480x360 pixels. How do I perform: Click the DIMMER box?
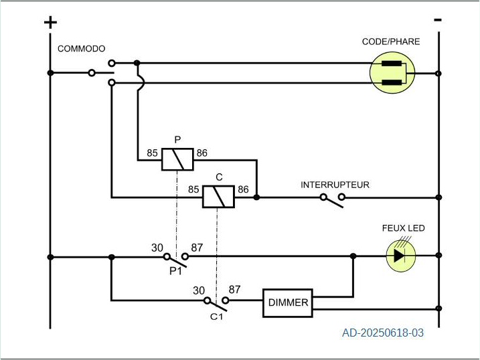tap(288, 302)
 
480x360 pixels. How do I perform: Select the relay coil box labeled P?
tap(177, 159)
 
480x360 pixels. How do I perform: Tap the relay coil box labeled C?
tap(218, 196)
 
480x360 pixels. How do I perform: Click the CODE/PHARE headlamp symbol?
tap(392, 73)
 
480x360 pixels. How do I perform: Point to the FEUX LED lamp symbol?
tap(400, 256)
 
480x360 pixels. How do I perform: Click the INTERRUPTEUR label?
tap(335, 185)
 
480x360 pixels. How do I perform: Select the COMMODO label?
tap(81, 49)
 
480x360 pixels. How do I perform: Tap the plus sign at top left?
tap(50, 22)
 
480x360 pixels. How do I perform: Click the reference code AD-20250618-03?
tap(383, 332)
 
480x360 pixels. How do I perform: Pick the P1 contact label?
tap(175, 271)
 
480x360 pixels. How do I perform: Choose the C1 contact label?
tap(216, 316)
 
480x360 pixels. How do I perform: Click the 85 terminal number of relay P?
tap(153, 153)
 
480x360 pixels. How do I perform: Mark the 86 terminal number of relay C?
tap(243, 190)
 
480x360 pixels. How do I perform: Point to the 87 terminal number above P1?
tap(197, 248)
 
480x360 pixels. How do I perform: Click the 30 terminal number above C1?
tap(199, 290)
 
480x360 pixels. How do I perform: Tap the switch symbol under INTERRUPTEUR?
tap(333, 199)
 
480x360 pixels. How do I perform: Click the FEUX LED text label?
tap(403, 228)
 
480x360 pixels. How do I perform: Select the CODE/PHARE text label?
tap(391, 41)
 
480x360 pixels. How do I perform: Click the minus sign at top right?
tap(438, 20)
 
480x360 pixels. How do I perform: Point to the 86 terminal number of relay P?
tap(202, 153)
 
